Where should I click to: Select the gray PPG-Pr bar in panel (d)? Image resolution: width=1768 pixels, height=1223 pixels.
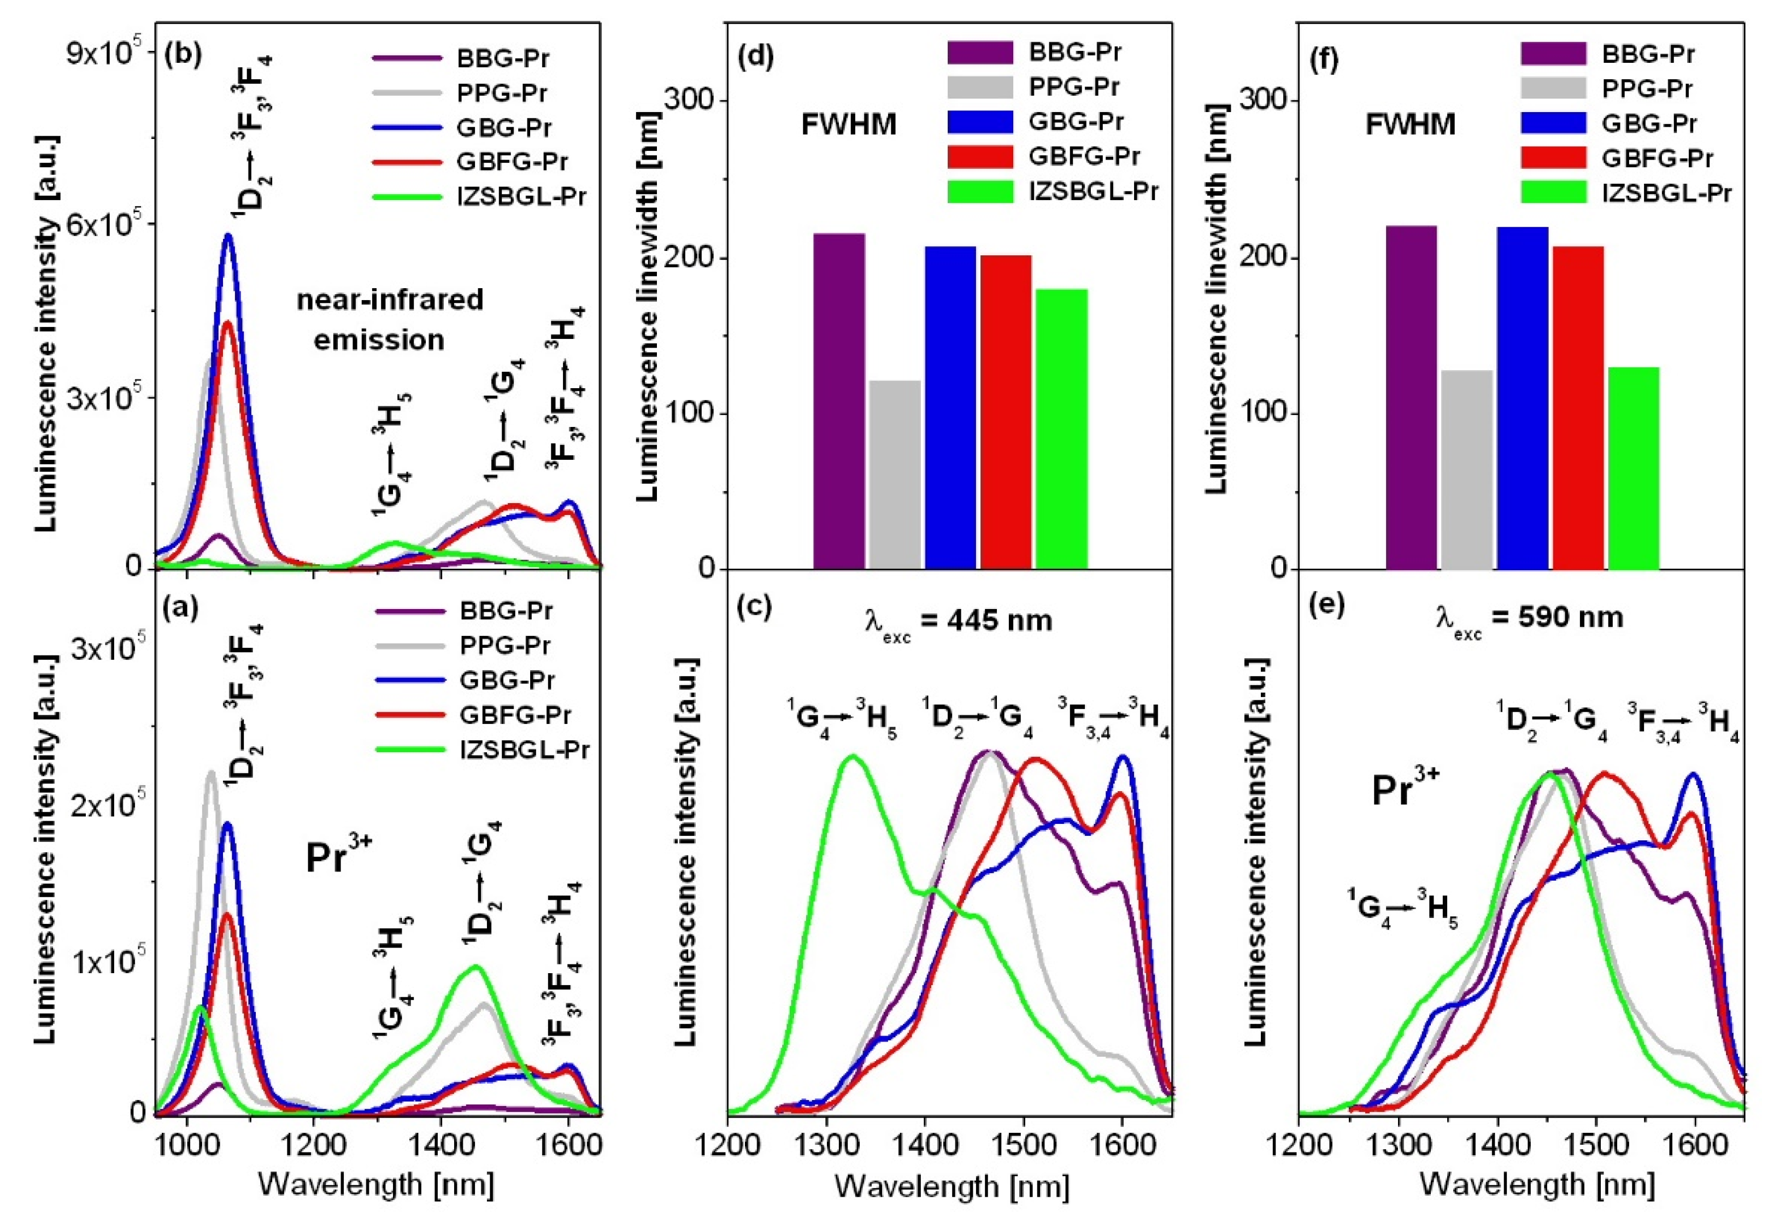[x=894, y=475]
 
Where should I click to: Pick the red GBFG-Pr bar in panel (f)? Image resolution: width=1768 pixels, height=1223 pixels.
[x=1577, y=408]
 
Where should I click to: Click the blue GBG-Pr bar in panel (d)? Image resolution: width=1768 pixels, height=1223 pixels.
[x=950, y=408]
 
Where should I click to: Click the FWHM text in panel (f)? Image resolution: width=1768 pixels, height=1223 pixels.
[x=1410, y=124]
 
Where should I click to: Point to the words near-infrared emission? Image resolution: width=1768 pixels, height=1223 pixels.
[x=389, y=319]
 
